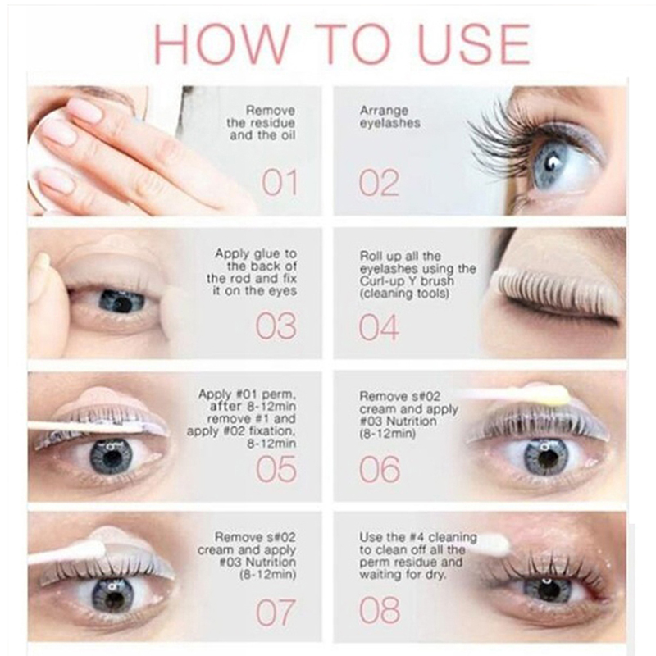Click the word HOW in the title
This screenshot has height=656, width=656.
[222, 44]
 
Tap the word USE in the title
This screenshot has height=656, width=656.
[474, 44]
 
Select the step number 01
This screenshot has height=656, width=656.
[280, 183]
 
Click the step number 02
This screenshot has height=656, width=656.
[379, 183]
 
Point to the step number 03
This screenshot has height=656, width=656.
[276, 326]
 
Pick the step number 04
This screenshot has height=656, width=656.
[379, 326]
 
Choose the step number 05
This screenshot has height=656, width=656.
[276, 469]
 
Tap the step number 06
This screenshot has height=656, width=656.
[380, 469]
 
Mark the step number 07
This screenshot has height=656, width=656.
[276, 612]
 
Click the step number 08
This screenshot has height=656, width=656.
[380, 609]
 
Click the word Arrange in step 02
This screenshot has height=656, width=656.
[384, 112]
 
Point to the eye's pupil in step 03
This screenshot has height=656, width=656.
[122, 302]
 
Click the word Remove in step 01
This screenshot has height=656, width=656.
[271, 111]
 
